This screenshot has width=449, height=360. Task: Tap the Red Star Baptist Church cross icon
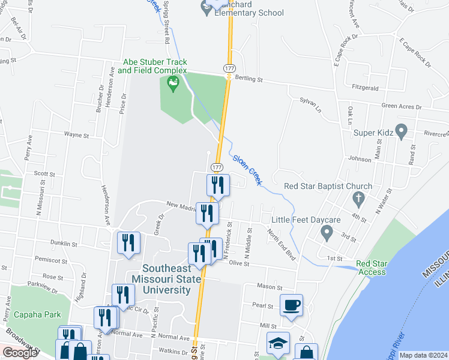click(x=358, y=199)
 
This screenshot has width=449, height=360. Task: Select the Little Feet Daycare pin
click(x=327, y=231)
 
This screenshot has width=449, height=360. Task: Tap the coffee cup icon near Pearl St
click(x=292, y=304)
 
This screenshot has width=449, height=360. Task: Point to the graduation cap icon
click(x=278, y=343)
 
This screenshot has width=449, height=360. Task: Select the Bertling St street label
click(x=249, y=79)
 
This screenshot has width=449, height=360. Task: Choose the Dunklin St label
click(x=64, y=244)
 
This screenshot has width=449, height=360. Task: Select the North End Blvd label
click(x=282, y=245)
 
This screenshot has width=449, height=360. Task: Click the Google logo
click(x=19, y=353)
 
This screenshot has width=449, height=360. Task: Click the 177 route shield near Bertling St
click(x=229, y=69)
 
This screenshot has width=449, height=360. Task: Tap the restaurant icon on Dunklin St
click(x=129, y=242)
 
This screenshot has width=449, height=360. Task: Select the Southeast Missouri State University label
click(x=166, y=280)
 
